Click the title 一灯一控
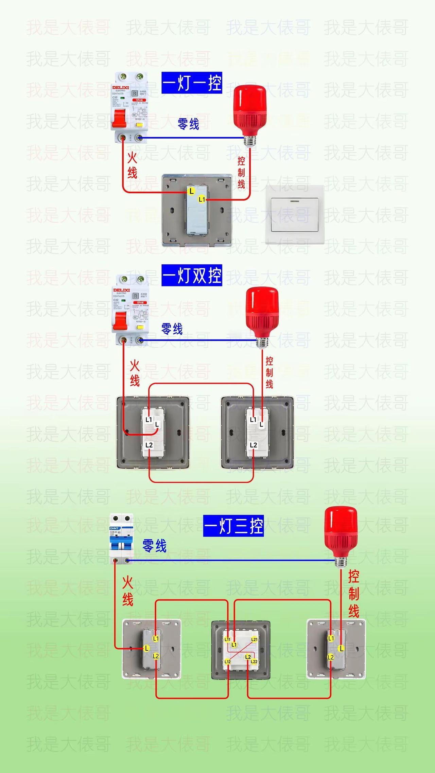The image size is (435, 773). click(192, 83)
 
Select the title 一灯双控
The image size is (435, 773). click(192, 275)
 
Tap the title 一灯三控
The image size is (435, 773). click(233, 526)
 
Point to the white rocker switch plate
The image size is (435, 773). click(295, 215)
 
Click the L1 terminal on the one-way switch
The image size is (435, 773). click(202, 199)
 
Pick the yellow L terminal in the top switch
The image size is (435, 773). click(191, 191)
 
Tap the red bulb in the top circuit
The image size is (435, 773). click(249, 109)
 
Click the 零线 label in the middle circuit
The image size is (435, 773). click(172, 329)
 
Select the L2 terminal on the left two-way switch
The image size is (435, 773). click(149, 445)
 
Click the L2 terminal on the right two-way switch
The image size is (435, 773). click(254, 445)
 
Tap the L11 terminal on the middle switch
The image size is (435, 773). click(227, 639)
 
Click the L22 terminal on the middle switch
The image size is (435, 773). click(254, 662)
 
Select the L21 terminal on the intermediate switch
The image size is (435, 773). click(254, 639)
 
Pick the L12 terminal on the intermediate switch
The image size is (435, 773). click(227, 662)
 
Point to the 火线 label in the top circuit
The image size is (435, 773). click(132, 165)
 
